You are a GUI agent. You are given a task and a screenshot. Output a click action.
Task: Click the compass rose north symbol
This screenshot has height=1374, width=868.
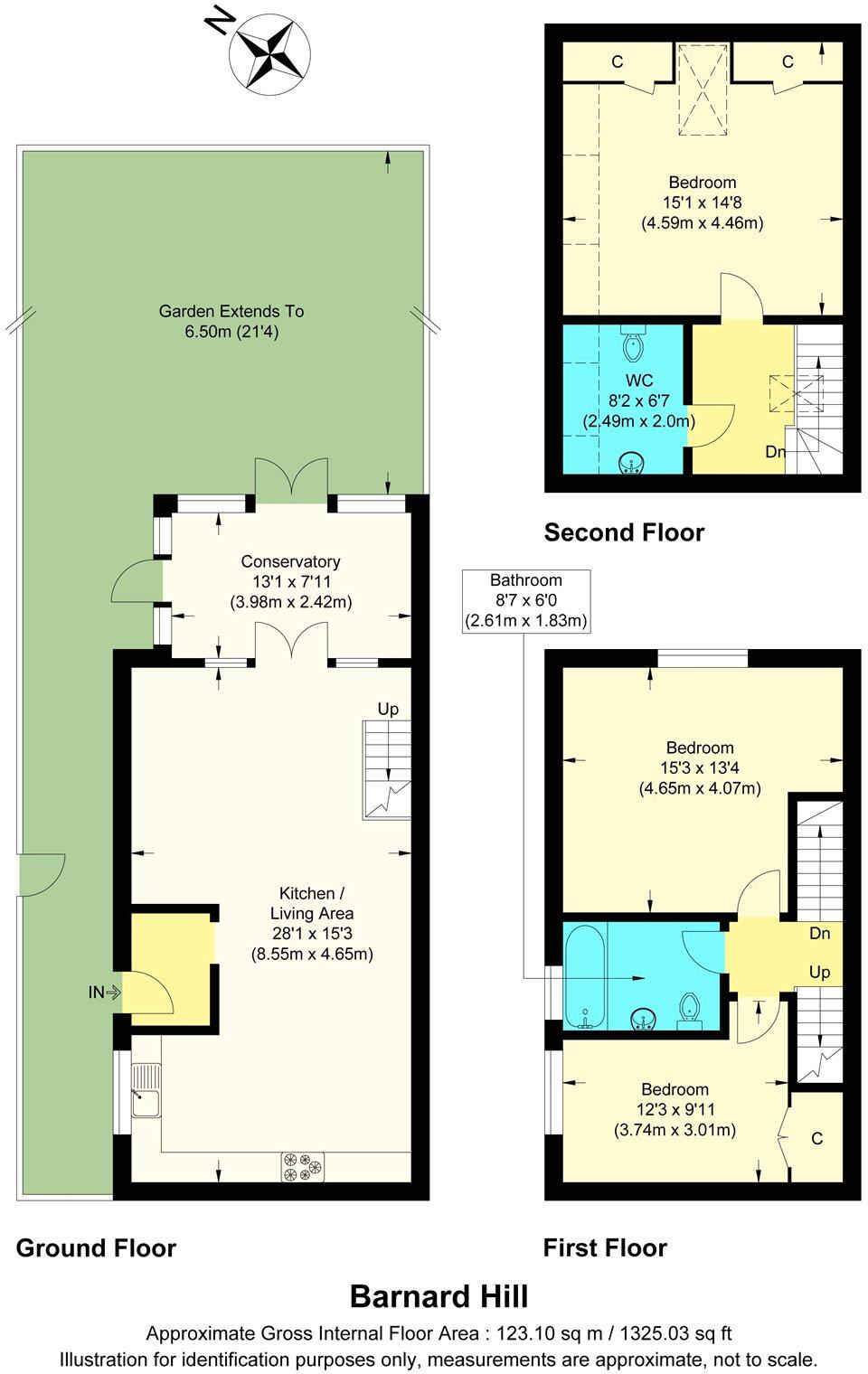point(269,52)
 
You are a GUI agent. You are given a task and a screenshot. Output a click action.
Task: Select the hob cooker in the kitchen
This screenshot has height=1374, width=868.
point(303,1166)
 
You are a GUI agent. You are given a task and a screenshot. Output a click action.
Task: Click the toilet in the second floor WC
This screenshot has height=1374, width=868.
point(633,344)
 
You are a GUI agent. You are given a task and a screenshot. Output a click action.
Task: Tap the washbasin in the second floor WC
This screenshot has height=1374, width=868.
point(631,464)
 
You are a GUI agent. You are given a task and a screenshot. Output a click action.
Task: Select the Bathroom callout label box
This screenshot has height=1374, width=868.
point(525,601)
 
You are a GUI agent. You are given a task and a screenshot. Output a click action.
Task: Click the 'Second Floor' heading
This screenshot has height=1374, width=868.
point(624,532)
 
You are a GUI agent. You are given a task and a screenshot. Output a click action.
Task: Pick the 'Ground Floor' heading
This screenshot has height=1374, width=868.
point(96,1248)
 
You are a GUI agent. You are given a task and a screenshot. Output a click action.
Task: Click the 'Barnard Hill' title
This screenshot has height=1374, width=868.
point(439,1297)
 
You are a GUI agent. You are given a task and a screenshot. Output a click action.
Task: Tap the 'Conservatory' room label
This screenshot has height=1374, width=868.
point(290,562)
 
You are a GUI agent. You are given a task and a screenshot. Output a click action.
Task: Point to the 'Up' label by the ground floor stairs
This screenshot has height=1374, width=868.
point(388,710)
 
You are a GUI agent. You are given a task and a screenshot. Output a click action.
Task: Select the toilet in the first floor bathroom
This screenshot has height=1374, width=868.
point(690,1009)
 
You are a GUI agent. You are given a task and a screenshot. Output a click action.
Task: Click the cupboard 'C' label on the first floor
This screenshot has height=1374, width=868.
point(816,1138)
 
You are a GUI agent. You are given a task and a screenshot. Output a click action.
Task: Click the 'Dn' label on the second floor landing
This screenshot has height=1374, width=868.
point(775,452)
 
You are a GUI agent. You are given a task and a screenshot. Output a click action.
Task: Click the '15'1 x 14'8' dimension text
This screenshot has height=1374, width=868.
point(703,202)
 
